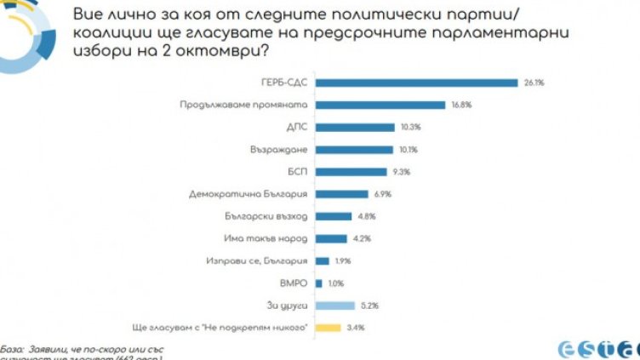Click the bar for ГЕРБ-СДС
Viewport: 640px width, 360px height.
point(416,83)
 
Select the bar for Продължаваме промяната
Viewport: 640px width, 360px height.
point(380,105)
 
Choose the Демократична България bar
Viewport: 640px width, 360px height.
point(341,194)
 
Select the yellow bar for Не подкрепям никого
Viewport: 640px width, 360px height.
point(328,327)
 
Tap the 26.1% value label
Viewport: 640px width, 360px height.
point(532,83)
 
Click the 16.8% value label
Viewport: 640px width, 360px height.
point(460,105)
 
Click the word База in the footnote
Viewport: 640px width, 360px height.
point(12,347)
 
